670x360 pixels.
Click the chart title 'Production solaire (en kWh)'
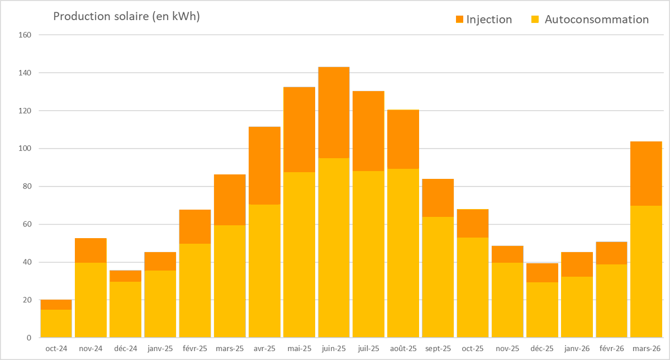(x=126, y=16)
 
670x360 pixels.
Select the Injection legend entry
(x=483, y=20)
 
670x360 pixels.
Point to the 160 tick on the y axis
(x=25, y=35)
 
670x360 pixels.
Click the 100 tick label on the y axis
(x=25, y=149)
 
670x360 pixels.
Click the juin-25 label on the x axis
(x=334, y=349)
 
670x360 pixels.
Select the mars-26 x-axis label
(x=647, y=349)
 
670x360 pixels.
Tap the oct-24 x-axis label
(x=56, y=349)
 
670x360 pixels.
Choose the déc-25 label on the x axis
(x=542, y=349)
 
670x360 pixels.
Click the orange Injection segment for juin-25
(x=334, y=112)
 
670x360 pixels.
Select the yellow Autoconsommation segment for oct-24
(x=56, y=324)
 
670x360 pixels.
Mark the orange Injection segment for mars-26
(x=647, y=173)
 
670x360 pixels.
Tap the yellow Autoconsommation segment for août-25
(x=403, y=253)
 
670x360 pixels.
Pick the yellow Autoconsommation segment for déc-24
(x=125, y=310)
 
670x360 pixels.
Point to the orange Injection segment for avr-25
(x=264, y=165)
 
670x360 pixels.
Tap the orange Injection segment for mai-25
(x=299, y=130)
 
